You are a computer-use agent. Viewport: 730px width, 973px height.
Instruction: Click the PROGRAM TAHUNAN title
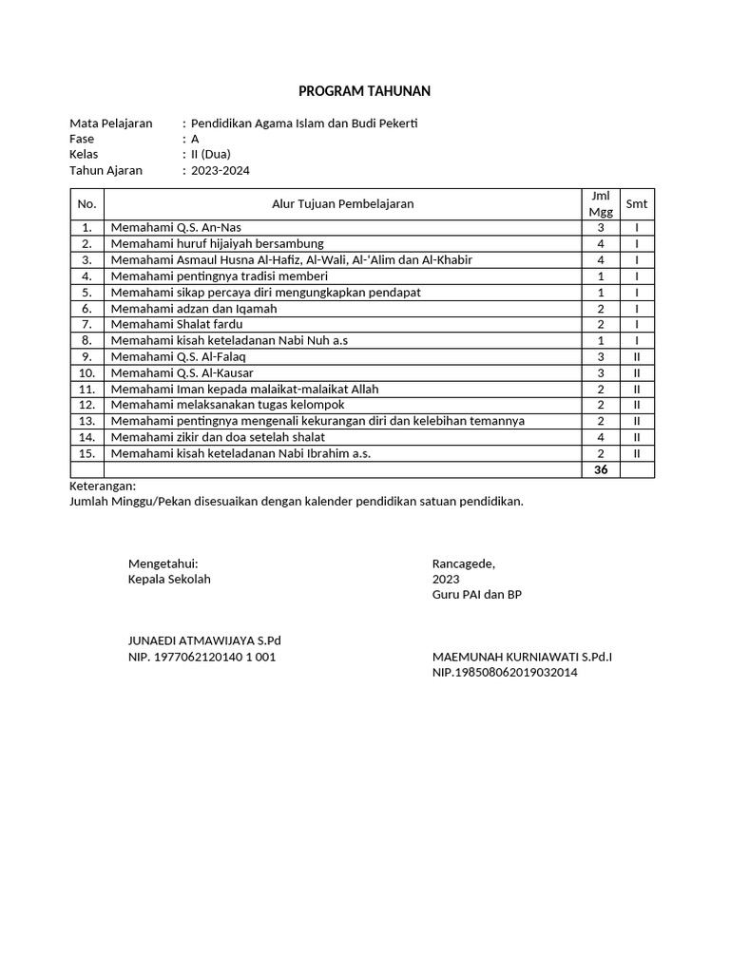coord(364,91)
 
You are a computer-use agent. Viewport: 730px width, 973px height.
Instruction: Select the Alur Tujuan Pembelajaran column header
coord(342,203)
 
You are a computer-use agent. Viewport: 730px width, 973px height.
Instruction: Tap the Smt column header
coord(636,203)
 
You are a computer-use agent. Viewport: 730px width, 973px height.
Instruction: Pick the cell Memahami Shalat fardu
coord(176,324)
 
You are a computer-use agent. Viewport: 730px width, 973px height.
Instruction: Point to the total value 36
coord(600,469)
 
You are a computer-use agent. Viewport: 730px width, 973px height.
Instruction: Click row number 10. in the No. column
coord(87,372)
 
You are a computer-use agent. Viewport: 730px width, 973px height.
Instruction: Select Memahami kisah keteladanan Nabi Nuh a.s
coord(222,340)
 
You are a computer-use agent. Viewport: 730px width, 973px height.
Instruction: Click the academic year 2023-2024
coord(221,170)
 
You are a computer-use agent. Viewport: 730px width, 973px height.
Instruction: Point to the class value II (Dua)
coord(211,154)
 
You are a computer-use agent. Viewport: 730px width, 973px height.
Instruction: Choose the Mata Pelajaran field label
coord(111,124)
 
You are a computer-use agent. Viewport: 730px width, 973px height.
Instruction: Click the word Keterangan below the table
coord(103,486)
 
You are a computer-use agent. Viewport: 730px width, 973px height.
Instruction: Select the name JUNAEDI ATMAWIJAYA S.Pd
coord(204,640)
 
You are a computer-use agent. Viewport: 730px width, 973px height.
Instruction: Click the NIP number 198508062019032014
coord(505,672)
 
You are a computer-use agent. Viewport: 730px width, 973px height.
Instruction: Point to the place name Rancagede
coord(463,563)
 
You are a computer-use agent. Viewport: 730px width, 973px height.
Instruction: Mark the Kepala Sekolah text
coord(169,579)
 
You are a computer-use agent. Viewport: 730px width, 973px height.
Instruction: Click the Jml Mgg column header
coord(600,203)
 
